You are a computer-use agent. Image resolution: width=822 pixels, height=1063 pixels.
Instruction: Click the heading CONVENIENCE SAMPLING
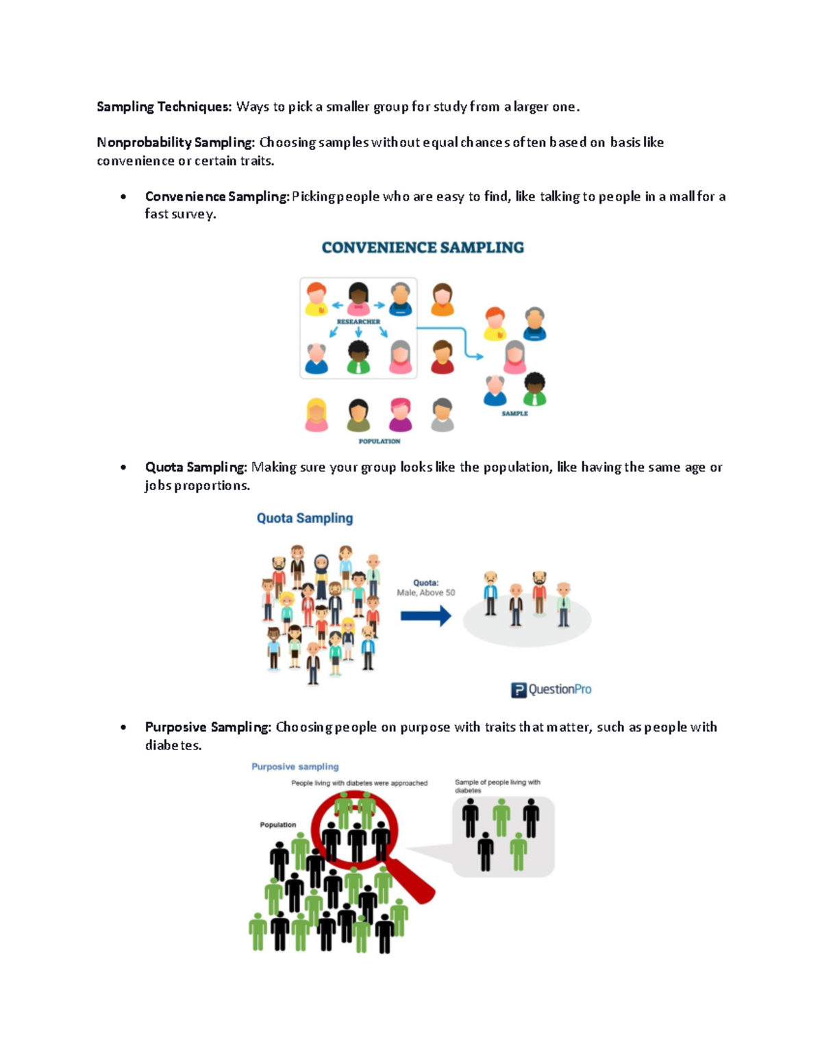[x=423, y=248]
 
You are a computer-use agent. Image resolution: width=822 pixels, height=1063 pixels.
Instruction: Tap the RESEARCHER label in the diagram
[x=358, y=322]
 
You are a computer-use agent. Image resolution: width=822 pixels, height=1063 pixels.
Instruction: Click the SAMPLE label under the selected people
[x=514, y=413]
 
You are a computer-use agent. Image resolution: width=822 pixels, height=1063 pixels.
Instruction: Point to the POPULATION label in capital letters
[x=379, y=441]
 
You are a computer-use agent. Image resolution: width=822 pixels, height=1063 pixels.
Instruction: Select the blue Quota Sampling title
[x=305, y=518]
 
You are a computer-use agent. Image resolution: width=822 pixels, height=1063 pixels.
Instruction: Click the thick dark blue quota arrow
[x=425, y=616]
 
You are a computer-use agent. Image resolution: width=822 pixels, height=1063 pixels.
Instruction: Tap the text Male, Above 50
[x=425, y=592]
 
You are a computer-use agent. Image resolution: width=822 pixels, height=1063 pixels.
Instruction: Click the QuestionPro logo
[x=551, y=689]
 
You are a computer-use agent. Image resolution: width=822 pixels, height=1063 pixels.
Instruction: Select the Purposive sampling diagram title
[x=295, y=767]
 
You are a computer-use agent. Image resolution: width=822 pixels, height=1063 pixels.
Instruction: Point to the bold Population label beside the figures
[x=277, y=825]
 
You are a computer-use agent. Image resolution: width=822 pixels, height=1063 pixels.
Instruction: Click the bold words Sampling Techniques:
[x=164, y=107]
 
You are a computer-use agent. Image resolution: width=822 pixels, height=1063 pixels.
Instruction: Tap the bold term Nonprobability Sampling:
[x=176, y=142]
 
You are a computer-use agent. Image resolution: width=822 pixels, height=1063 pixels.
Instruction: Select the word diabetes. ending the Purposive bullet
[x=173, y=745]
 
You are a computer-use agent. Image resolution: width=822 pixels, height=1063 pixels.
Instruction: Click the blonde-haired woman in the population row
[x=316, y=415]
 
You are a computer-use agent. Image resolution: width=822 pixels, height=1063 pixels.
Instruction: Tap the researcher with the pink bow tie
[x=358, y=299]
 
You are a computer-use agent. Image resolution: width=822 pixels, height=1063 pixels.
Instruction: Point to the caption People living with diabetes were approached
[x=359, y=783]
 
